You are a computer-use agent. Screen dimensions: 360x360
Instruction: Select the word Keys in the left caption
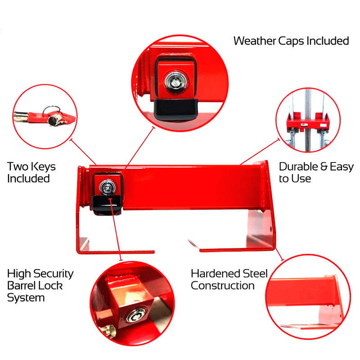(41, 166)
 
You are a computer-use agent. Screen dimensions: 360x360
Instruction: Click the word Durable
(298, 167)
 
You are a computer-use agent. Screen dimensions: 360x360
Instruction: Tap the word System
(26, 298)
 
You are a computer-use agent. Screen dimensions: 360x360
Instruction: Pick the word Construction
(223, 286)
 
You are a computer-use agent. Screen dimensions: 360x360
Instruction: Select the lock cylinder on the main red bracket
(108, 185)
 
